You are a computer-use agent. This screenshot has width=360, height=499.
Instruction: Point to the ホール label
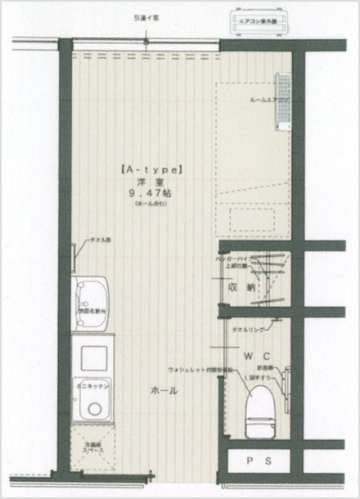pyautogui.click(x=164, y=391)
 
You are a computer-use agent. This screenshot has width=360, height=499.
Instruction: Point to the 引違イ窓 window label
pyautogui.click(x=147, y=17)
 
